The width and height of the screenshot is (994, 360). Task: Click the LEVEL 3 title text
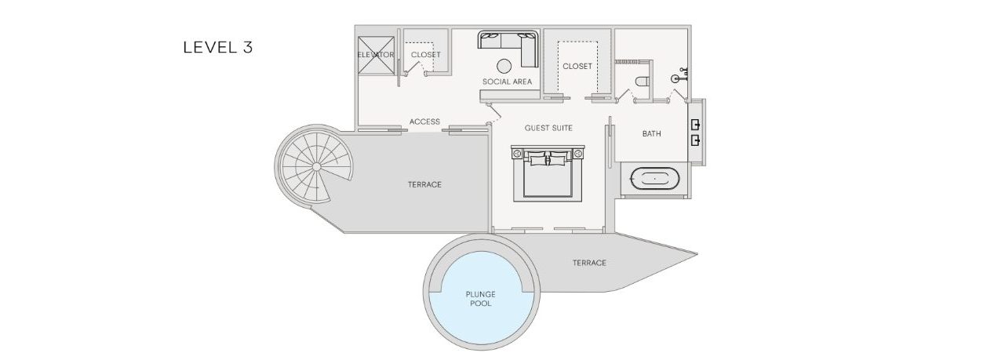[x=218, y=48]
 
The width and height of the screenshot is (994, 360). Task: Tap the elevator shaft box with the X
[x=377, y=55]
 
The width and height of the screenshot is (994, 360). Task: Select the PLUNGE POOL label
[x=481, y=299]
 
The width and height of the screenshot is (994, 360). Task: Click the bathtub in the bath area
[x=655, y=180]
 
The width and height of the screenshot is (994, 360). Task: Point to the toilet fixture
[x=642, y=82]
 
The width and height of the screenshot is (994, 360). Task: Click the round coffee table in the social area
[x=504, y=66]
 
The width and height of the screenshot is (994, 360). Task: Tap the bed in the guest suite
[x=548, y=173]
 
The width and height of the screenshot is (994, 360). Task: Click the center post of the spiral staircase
[x=316, y=166]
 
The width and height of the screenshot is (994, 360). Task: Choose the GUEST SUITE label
[x=548, y=129]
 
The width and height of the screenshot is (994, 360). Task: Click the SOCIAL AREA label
[x=508, y=82]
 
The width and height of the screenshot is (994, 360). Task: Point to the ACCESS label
[x=424, y=122]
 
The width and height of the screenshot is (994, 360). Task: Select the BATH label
[x=651, y=133]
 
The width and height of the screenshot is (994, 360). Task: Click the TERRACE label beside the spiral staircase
[x=424, y=184]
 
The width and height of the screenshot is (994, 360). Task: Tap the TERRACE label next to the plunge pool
[x=589, y=264]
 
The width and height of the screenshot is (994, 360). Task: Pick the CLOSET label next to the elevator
[x=425, y=55]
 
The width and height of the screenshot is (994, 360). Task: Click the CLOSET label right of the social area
[x=577, y=66]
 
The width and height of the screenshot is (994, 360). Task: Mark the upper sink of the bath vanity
[x=695, y=125]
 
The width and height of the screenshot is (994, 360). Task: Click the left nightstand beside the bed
[x=518, y=154]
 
